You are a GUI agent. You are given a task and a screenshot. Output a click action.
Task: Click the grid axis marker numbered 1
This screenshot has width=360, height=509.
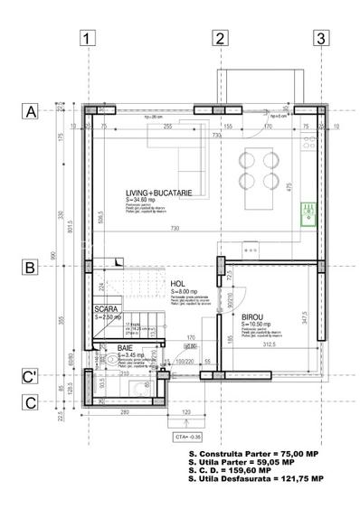tap(87, 38)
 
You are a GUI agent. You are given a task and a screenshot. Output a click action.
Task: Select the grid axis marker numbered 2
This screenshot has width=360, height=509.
tap(219, 38)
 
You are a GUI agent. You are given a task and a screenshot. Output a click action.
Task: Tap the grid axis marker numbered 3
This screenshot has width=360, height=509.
tap(320, 38)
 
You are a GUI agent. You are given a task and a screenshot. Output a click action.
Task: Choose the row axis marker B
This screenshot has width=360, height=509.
tap(30, 268)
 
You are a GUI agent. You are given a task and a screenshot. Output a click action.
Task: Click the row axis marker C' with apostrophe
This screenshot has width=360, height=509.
tap(30, 377)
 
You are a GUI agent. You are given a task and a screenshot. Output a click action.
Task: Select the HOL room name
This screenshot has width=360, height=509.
tap(178, 283)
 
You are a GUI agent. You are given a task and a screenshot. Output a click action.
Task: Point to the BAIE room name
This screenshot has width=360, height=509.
tap(126, 347)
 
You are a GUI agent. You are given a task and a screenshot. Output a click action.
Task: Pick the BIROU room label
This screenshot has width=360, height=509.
tap(253, 317)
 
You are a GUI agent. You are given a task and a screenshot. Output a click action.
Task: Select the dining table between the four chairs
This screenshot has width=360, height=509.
tap(258, 168)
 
